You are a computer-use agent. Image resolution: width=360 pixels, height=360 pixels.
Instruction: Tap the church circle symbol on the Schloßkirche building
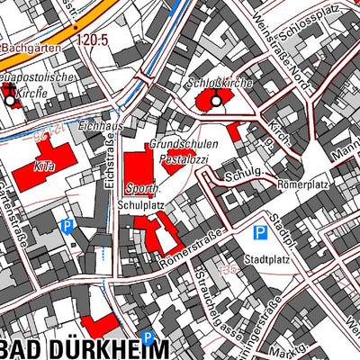point(216,101)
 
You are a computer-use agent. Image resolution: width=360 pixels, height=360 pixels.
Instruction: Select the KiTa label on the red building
point(45,166)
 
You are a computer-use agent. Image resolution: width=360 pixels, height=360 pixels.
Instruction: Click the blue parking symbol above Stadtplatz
point(260,233)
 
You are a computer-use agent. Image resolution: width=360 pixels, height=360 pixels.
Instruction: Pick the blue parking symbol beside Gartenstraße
point(65,228)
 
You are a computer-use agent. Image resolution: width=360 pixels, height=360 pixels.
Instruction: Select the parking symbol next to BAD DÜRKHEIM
point(148,338)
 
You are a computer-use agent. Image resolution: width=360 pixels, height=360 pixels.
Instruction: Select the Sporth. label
point(142,189)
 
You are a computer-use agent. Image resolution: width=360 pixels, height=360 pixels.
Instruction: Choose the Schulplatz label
point(141,205)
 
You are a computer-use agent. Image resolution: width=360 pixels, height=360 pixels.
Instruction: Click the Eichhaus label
point(100,126)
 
